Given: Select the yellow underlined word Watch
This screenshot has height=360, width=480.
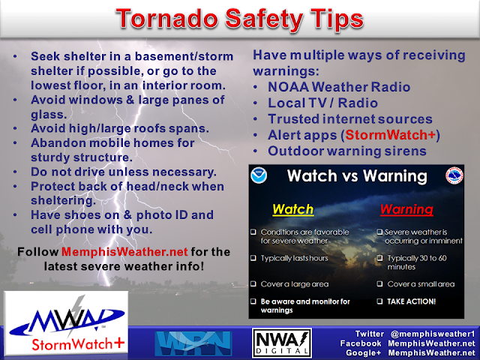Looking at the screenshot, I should pos(292,209).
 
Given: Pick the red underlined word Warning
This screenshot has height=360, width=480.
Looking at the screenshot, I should pos(406,209).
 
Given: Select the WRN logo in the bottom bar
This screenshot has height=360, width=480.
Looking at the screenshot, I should pos(189,343).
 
